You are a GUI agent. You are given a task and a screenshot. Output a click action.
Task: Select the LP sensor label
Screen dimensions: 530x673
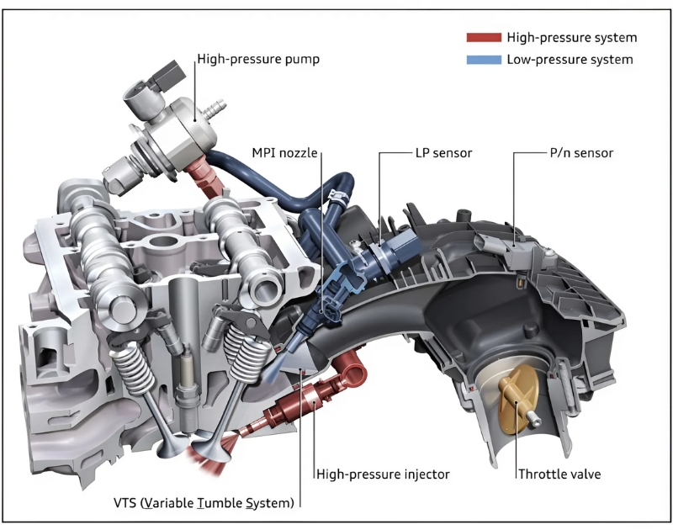pyautogui.click(x=444, y=154)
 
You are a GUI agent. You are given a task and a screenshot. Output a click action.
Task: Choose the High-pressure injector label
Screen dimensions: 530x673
pyautogui.click(x=383, y=474)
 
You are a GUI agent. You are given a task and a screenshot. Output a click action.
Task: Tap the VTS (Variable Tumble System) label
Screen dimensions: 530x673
pyautogui.click(x=205, y=503)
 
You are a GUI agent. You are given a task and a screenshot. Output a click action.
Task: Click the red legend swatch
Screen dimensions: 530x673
pyautogui.click(x=483, y=38)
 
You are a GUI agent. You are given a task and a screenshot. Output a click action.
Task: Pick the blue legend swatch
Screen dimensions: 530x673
pyautogui.click(x=483, y=60)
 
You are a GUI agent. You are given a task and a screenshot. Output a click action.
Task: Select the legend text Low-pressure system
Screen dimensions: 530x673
pyautogui.click(x=570, y=60)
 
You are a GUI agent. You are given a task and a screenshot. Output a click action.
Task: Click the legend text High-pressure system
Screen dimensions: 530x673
pyautogui.click(x=571, y=38)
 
